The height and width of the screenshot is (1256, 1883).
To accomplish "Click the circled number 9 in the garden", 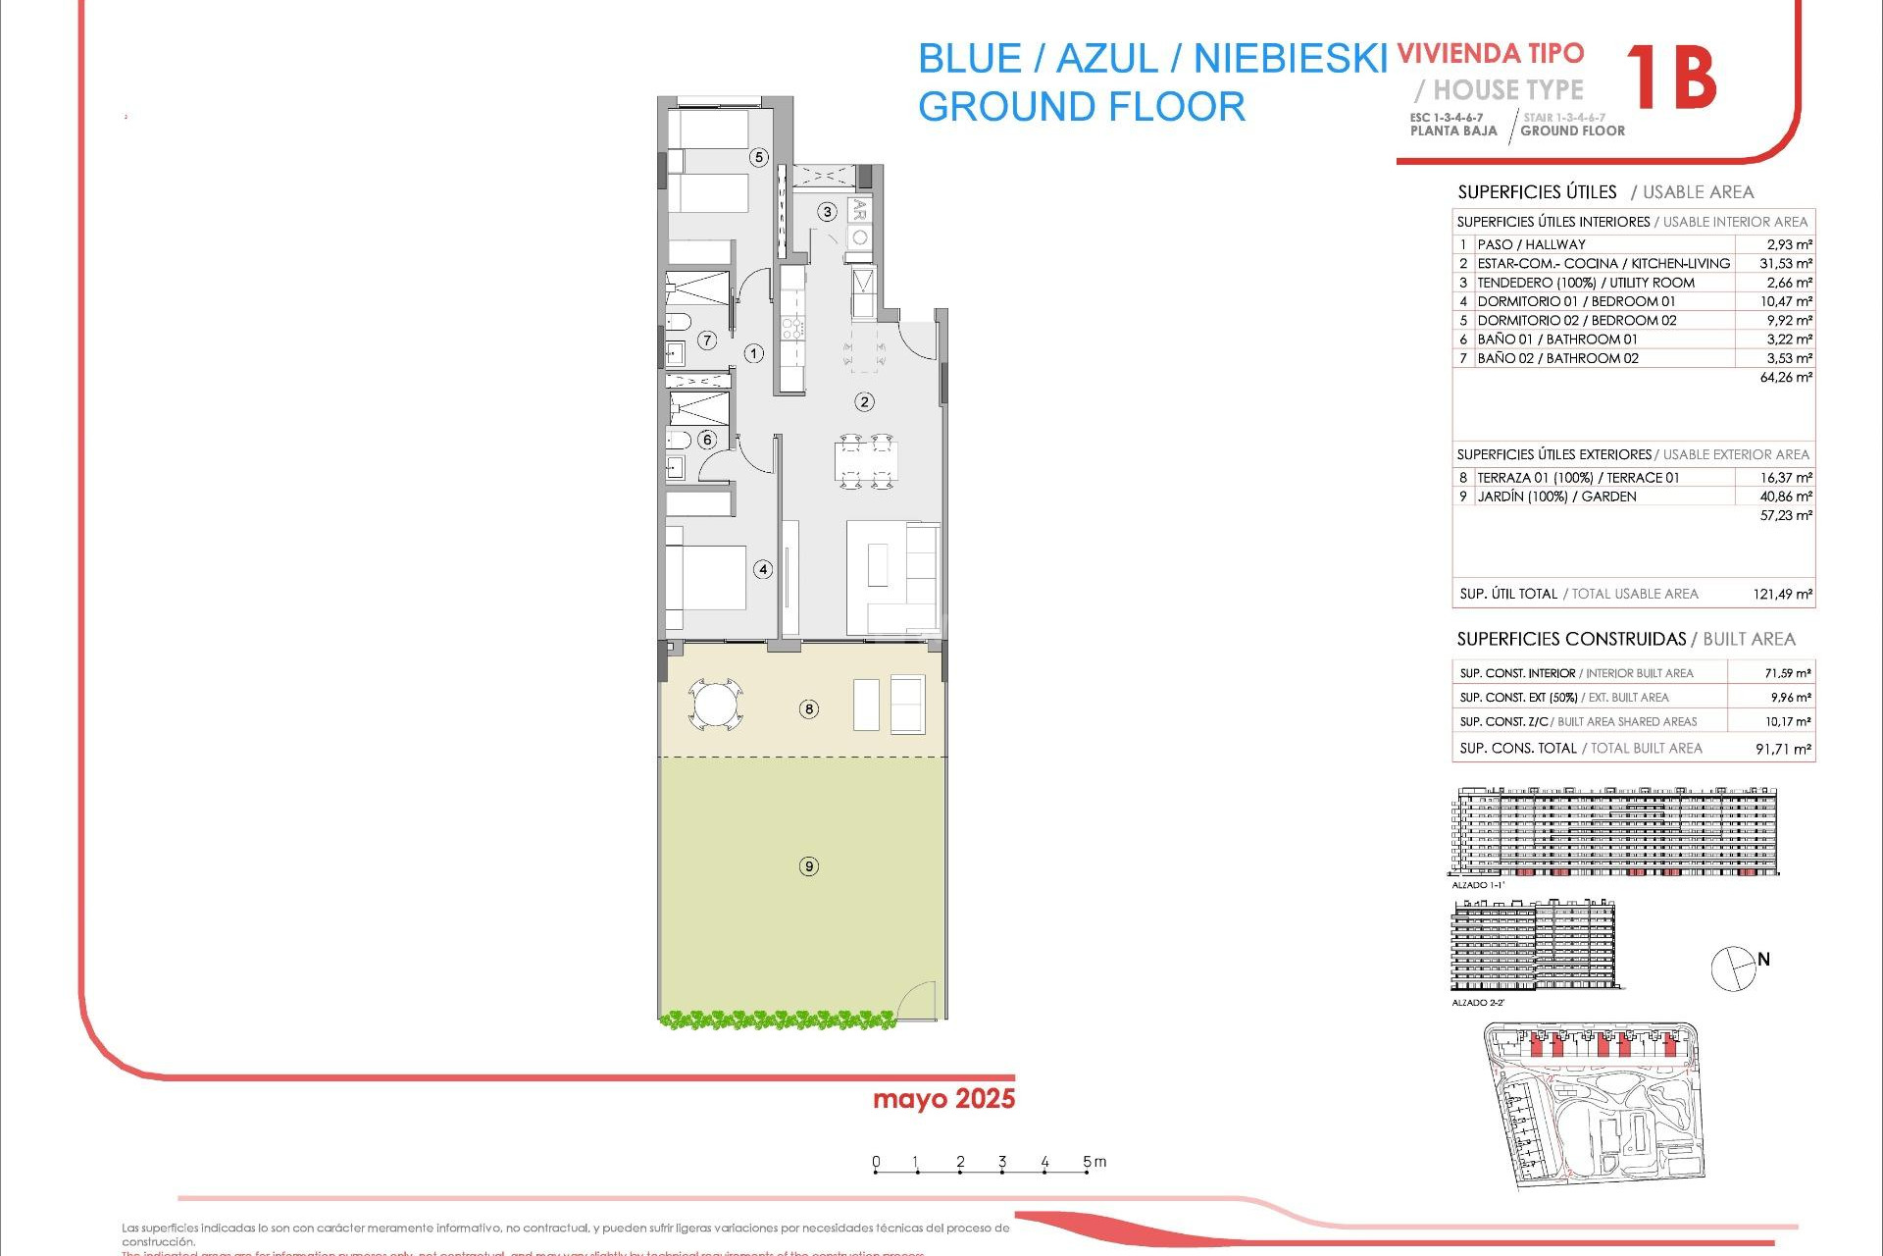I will [x=809, y=866].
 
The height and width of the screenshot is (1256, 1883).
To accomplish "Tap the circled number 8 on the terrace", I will [x=809, y=709].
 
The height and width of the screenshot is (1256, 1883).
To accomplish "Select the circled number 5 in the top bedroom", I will [x=758, y=157].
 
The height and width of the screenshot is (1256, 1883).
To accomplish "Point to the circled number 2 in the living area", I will [x=864, y=401].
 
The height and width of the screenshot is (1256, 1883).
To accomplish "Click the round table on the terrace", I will [x=714, y=705].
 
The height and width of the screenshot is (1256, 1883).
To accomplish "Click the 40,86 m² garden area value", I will [x=1785, y=497].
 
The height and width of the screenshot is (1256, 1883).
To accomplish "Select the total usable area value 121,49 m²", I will [x=1782, y=594].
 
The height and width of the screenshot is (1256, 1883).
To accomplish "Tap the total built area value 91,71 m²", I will [x=1783, y=749].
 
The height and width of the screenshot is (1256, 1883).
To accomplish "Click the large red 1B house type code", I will [x=1671, y=78].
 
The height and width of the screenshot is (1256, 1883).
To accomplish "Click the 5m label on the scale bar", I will [x=1094, y=1162].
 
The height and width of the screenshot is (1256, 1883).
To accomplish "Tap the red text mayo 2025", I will [x=943, y=1099].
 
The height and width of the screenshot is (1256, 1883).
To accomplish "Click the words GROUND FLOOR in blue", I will [x=1081, y=106].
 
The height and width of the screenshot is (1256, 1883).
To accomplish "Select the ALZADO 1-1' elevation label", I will [x=1477, y=885].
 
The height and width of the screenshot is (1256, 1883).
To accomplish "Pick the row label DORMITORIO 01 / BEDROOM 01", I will [x=1576, y=301].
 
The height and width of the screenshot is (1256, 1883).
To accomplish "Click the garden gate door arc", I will [x=920, y=1000].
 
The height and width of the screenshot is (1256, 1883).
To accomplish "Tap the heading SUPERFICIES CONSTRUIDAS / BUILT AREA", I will [x=1625, y=640].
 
